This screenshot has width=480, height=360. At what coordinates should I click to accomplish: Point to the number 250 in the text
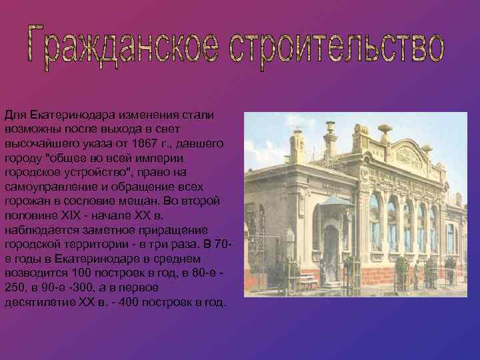[x=15, y=287]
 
